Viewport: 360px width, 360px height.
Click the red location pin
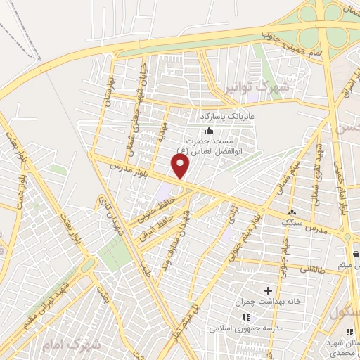pos(181,165)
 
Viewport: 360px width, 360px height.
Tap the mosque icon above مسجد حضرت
pos(208,130)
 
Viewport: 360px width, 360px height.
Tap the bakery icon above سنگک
pos(292,212)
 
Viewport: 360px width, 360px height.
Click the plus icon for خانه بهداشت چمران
pos(267,290)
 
